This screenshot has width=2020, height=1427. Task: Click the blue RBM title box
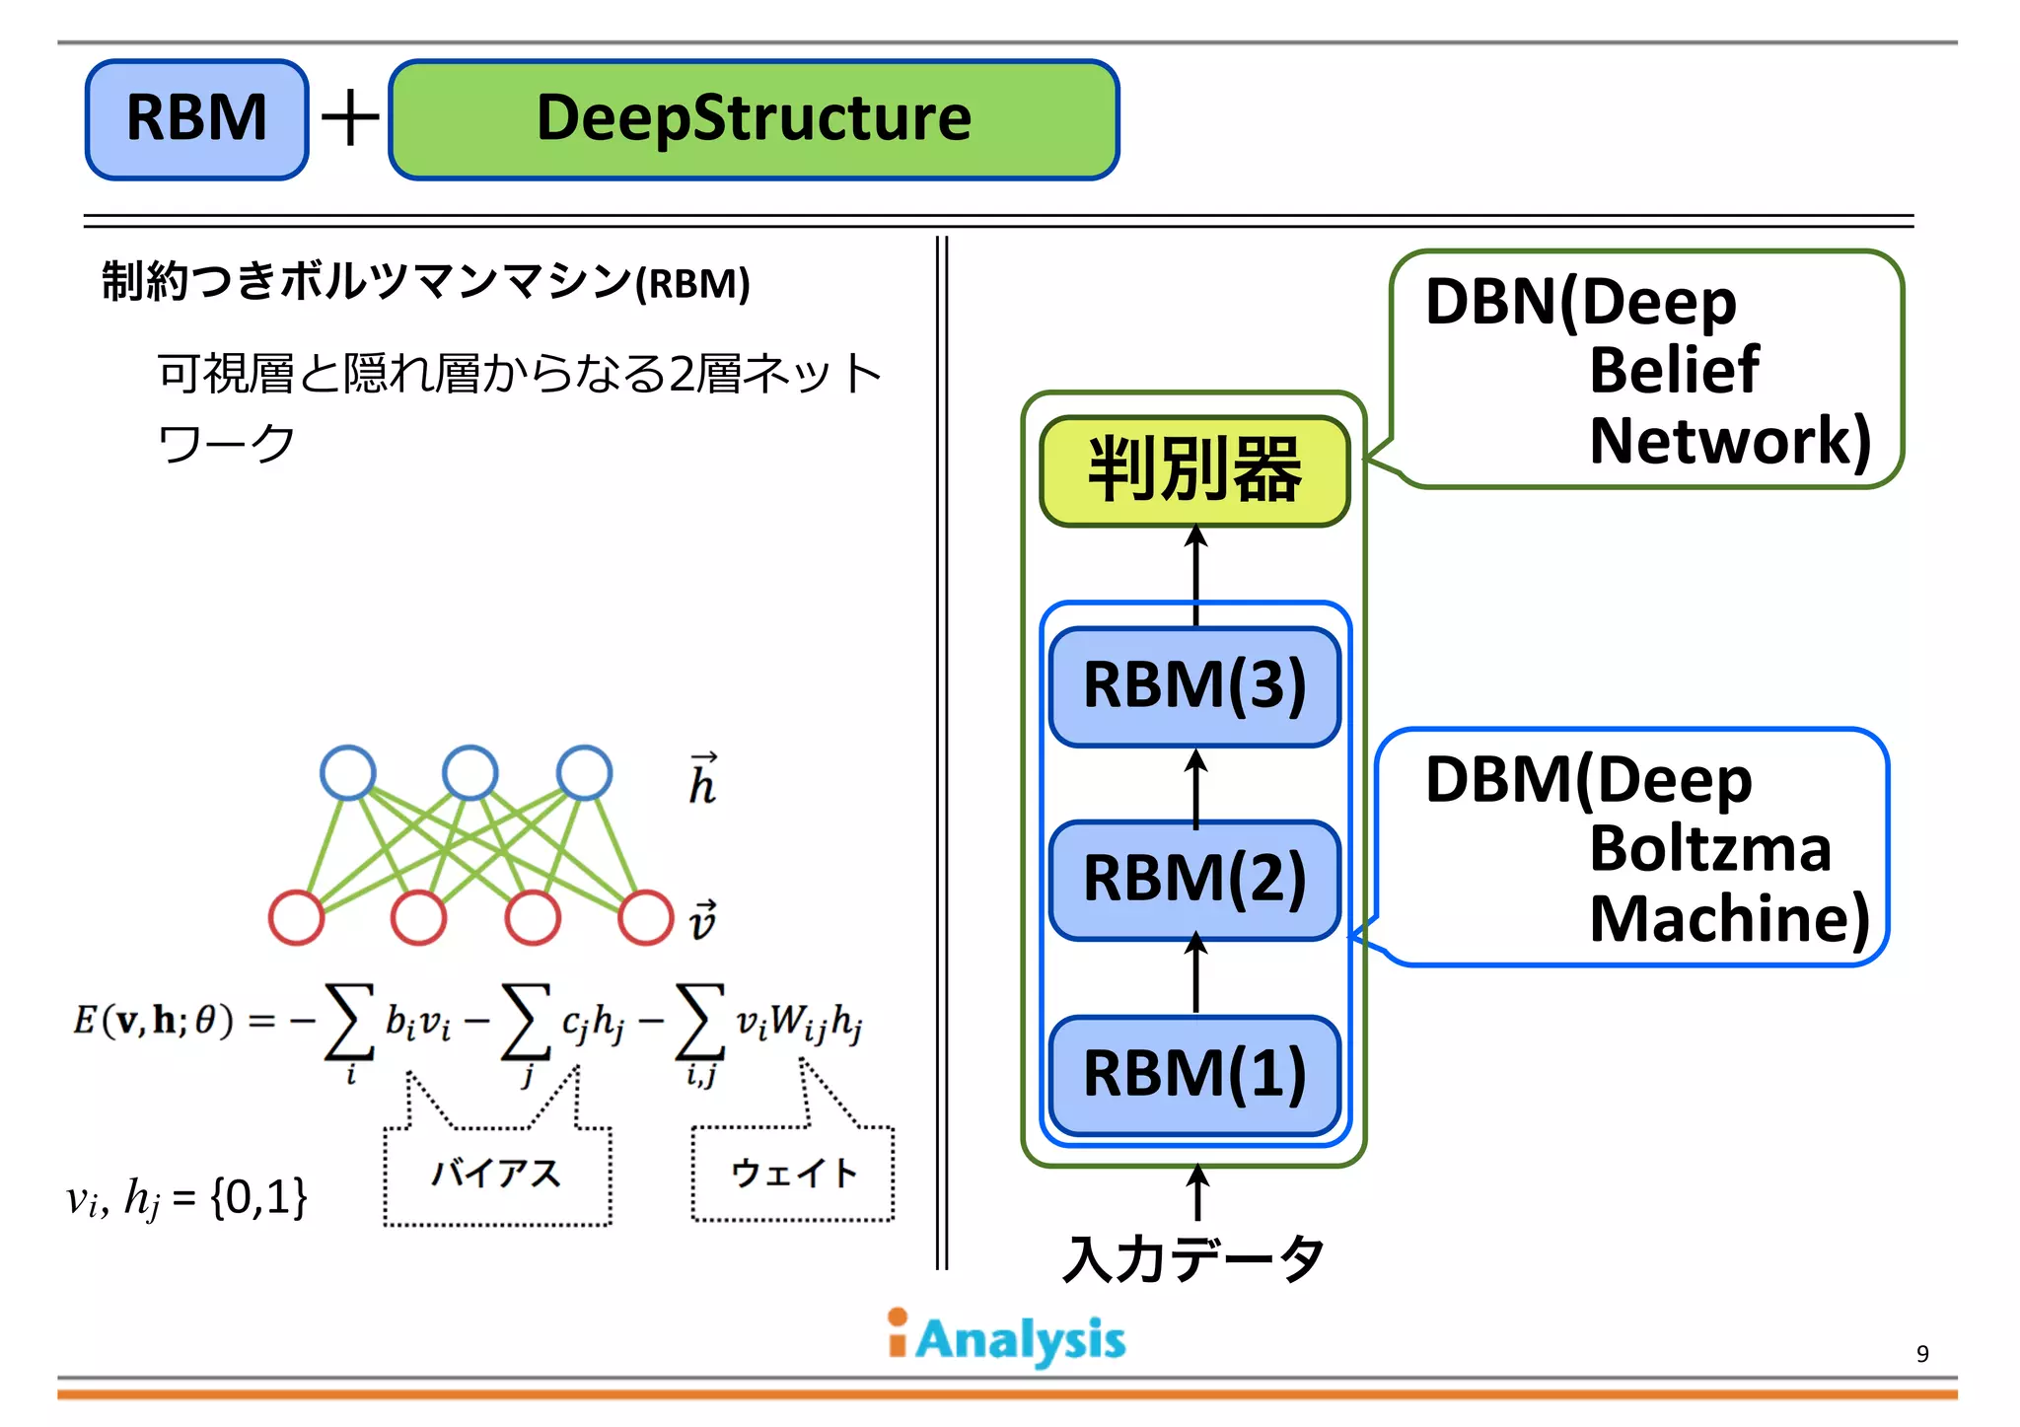point(197,119)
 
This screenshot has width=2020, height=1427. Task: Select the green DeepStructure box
point(754,119)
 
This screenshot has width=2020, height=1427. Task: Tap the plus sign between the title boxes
point(350,119)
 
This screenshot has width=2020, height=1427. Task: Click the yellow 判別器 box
point(1194,470)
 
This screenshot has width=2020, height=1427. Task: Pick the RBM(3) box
point(1194,685)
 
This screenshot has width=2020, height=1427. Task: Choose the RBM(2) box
point(1194,879)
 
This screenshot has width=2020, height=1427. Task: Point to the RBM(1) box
point(1194,1074)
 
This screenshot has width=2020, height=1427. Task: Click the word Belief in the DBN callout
point(1674,371)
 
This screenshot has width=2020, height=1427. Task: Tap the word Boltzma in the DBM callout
point(1709,848)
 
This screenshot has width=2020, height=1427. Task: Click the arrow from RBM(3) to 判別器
point(1195,575)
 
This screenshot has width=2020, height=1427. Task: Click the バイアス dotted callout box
point(496,1174)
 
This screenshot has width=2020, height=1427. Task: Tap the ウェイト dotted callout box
point(793,1173)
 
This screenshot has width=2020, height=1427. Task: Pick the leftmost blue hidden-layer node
point(348,772)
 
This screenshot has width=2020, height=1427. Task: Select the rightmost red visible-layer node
point(646,917)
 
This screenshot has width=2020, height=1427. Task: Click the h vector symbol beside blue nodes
point(702,780)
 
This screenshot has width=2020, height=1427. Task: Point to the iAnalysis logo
point(1006,1338)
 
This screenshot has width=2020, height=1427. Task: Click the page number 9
point(1921,1353)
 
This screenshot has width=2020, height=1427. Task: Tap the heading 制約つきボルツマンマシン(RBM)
point(426,282)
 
